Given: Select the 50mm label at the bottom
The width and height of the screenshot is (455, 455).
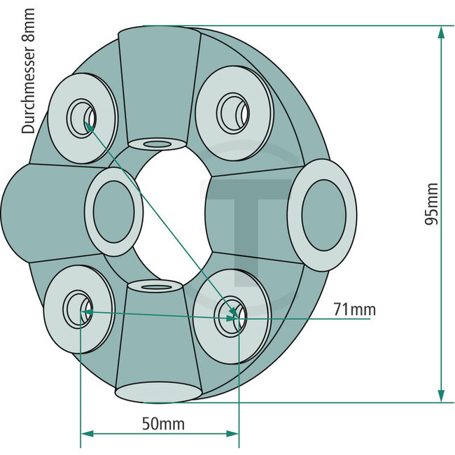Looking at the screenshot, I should (x=159, y=423).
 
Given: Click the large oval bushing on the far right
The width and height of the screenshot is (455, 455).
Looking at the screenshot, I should (x=322, y=215).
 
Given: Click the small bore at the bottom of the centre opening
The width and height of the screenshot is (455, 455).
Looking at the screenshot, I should (x=156, y=285).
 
